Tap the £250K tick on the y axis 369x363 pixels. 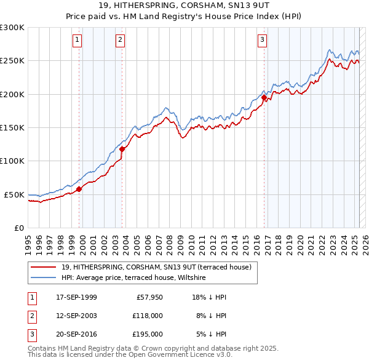12,61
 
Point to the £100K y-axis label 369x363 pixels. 12,161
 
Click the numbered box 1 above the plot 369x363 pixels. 77,41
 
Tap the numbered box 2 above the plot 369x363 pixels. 121,41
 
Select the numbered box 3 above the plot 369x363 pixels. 262,41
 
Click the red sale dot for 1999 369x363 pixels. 79,189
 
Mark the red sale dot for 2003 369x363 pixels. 122,149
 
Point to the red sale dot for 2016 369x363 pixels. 264,98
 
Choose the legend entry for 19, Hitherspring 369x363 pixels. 156,268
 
